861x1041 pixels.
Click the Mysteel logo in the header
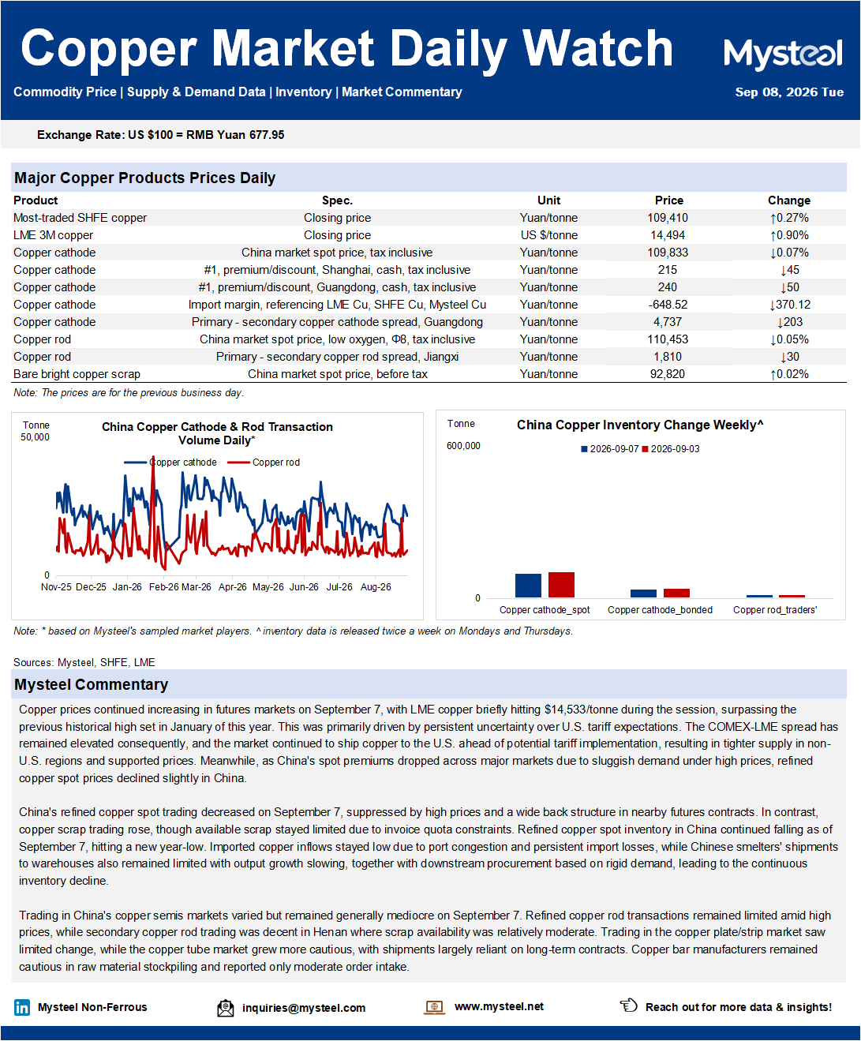782,54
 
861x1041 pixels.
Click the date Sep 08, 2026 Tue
789,92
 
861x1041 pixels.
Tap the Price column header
668,200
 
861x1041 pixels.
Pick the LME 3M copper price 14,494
668,235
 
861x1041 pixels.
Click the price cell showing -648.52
668,305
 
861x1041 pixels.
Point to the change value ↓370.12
789,305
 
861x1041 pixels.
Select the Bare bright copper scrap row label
77,374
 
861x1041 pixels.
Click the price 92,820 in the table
668,374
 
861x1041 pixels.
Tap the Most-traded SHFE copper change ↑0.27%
789,218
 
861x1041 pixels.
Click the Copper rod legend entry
264,462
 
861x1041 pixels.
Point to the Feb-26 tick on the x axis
164,587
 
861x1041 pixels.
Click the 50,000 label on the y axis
35,437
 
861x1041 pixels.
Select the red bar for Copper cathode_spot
561,585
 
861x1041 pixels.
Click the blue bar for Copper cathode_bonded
643,594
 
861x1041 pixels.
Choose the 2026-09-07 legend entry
610,449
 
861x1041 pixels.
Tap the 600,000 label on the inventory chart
463,446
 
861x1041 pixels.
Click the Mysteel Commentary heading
92,684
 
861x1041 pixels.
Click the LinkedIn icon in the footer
22,1007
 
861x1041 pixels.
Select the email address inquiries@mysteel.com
304,1008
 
